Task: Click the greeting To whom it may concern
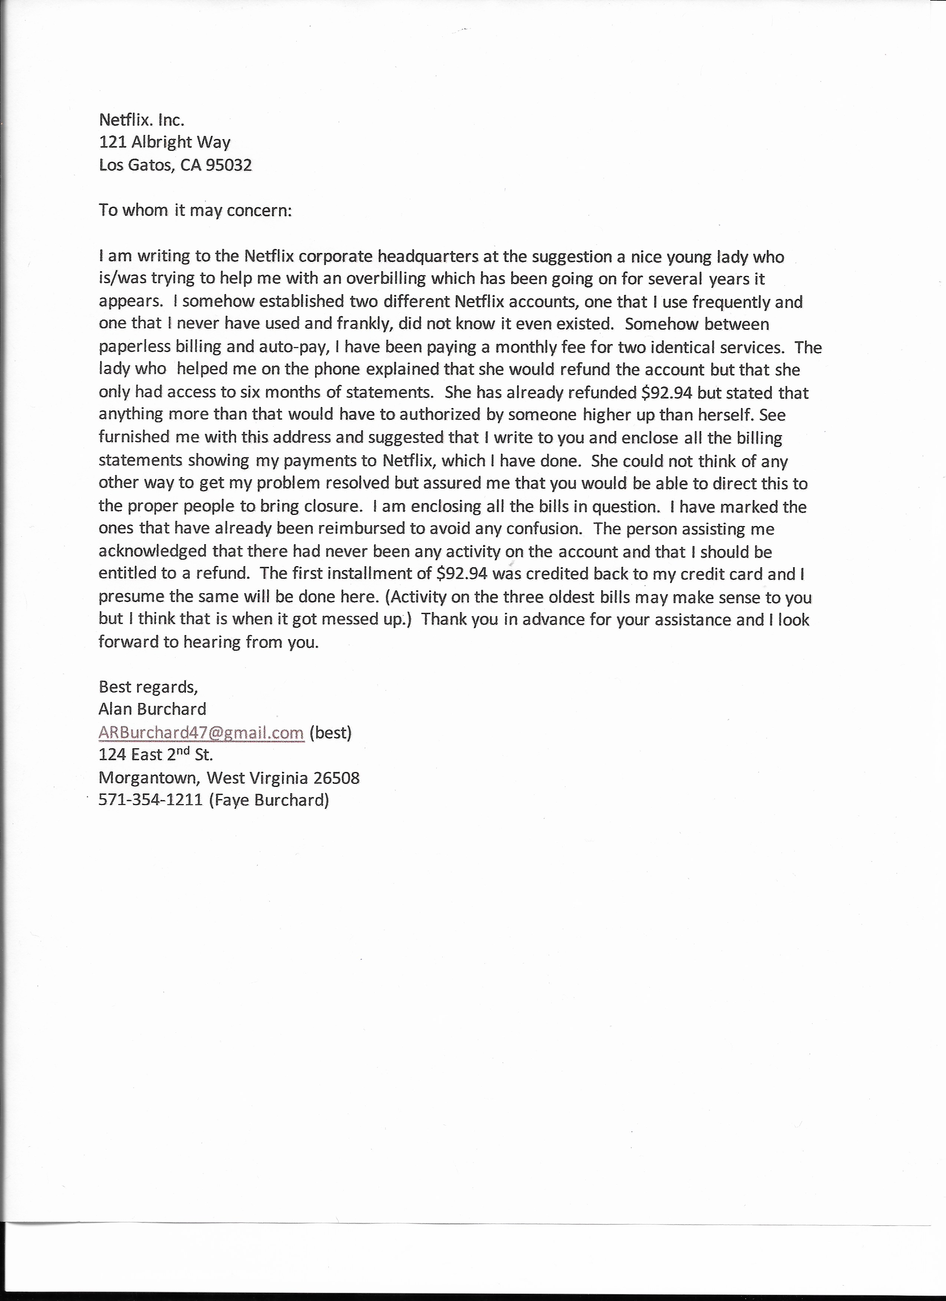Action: (195, 210)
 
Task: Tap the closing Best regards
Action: (148, 687)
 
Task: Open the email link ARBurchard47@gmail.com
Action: (201, 733)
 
